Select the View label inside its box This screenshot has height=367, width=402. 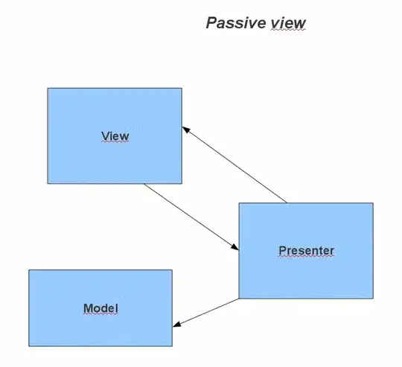(x=115, y=135)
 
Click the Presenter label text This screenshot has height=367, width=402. (x=306, y=250)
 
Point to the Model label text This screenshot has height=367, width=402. (x=100, y=308)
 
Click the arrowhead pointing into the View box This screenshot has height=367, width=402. (x=186, y=129)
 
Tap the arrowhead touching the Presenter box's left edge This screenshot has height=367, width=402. (x=234, y=249)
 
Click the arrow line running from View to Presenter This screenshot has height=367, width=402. (x=190, y=217)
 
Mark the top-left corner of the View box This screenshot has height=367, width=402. (x=48, y=89)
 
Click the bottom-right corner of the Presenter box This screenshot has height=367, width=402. (x=372, y=299)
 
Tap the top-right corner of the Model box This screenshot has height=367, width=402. (x=172, y=270)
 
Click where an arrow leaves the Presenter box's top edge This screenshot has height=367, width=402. (x=287, y=202)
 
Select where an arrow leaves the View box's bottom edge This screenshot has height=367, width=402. (x=144, y=184)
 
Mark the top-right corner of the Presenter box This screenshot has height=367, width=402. (x=372, y=202)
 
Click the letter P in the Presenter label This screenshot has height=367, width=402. (x=282, y=250)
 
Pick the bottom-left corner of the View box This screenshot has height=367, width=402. (x=48, y=183)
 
